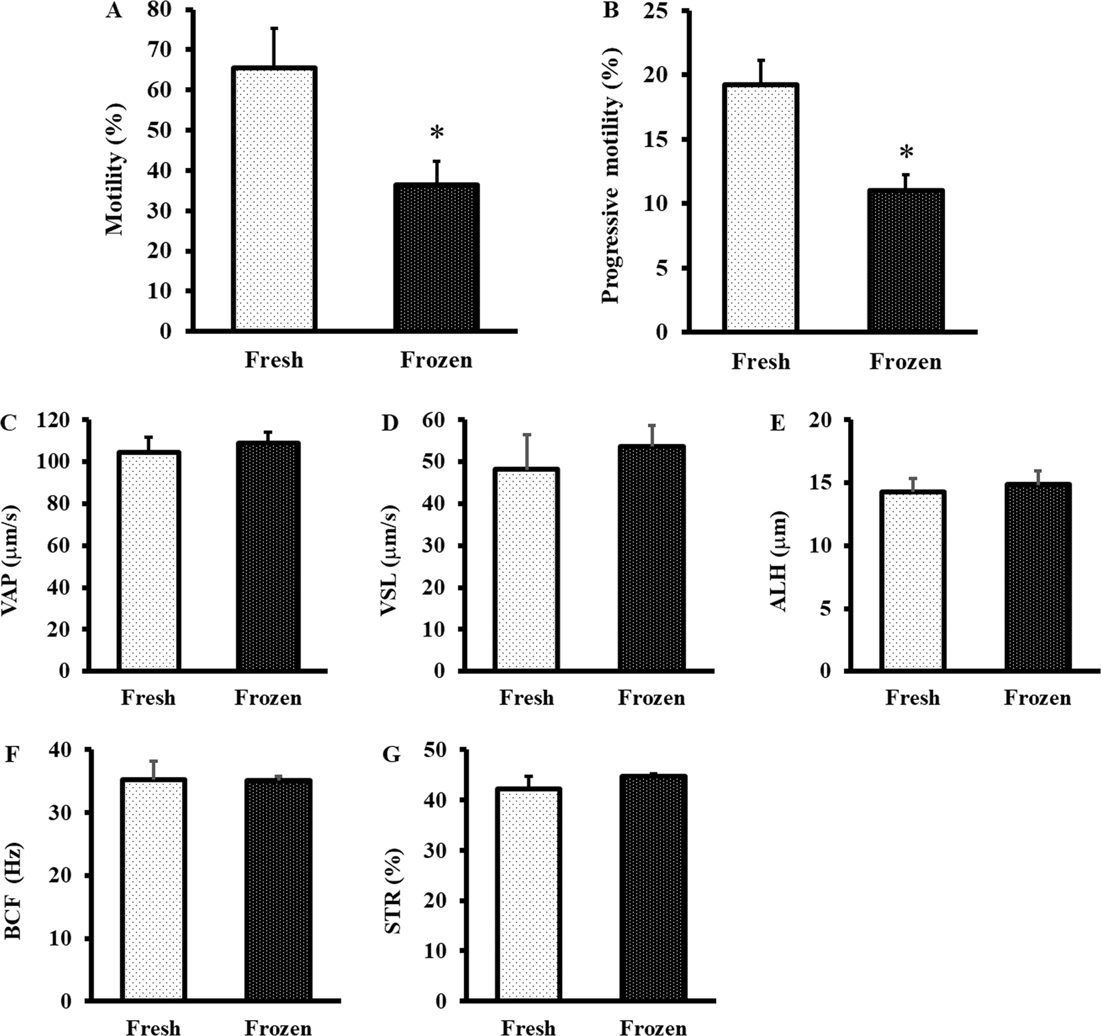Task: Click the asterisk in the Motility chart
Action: pos(436,133)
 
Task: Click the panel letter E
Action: pos(777,424)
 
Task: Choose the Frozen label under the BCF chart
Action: pos(278,1027)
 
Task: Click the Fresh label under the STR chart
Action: pos(528,1027)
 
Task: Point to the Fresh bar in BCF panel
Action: pos(153,890)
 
